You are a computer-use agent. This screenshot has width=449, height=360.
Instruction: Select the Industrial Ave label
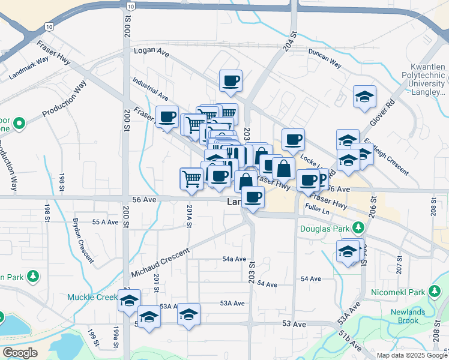151,88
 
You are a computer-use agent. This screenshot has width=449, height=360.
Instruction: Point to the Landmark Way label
29,68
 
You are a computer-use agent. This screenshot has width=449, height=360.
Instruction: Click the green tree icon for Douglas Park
358,227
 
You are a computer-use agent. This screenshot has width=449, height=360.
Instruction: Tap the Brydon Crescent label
82,240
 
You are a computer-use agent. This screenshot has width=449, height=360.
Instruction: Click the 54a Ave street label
234,259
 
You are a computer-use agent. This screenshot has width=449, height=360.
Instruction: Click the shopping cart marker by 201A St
191,178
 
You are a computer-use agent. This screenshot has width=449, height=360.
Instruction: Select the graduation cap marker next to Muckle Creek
129,301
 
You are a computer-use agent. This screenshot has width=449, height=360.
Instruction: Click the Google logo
20,353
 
